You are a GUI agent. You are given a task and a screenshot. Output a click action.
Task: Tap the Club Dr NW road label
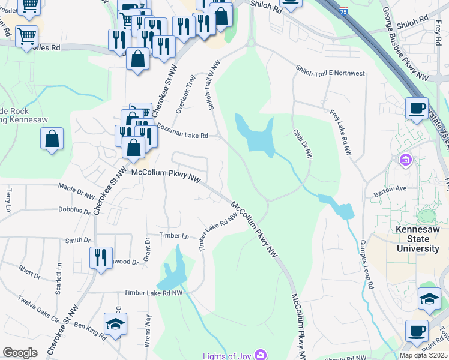(303, 144)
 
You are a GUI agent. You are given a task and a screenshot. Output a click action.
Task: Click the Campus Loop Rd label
(367, 265)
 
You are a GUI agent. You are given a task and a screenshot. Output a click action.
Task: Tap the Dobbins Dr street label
(74, 210)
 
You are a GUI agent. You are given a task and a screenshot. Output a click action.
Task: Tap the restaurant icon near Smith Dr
(100, 257)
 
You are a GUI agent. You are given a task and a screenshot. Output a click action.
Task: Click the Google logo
(20, 353)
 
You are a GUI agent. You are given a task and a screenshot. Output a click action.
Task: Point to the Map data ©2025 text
(423, 355)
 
